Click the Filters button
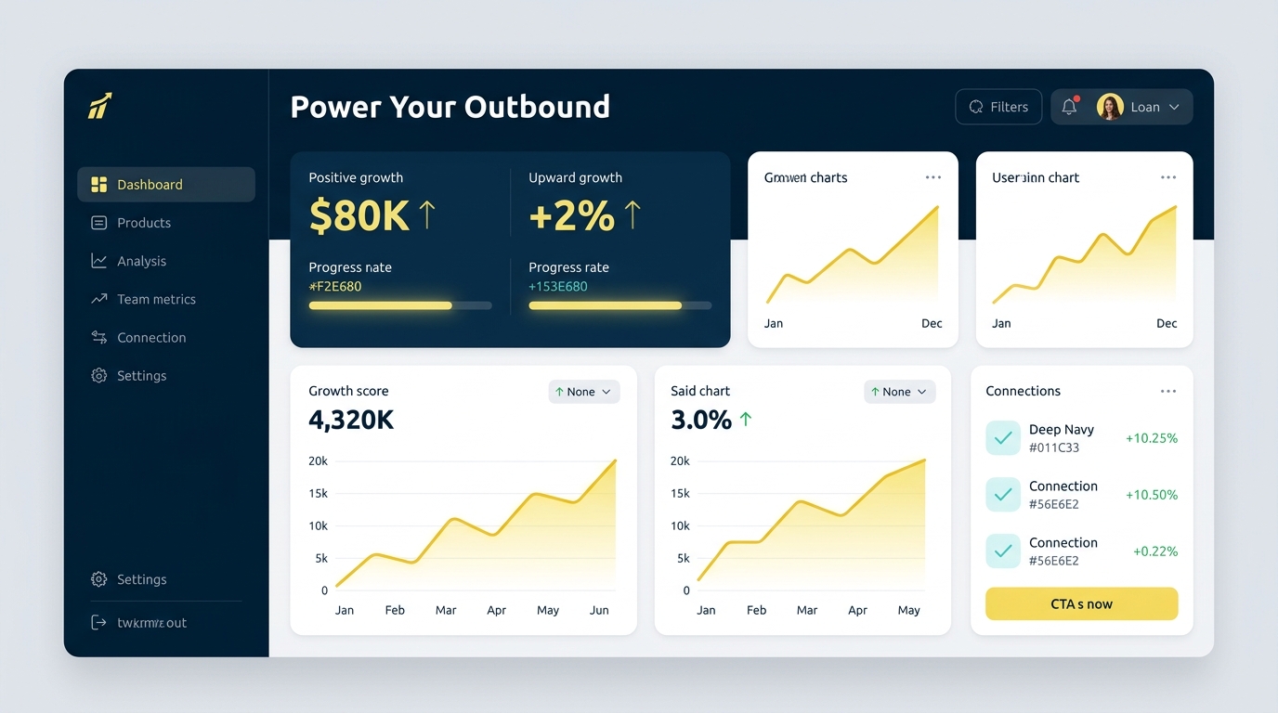[998, 107]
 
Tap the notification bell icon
[1069, 107]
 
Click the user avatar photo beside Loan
[1110, 107]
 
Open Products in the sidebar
[143, 223]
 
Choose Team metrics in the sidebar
[155, 299]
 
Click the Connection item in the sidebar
[150, 338]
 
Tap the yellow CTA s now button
[1081, 603]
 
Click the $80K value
[359, 215]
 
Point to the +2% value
[571, 215]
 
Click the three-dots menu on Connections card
[1167, 392]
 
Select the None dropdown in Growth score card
[583, 392]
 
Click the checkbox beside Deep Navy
[1003, 438]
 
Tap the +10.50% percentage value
[1151, 495]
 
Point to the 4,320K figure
[351, 421]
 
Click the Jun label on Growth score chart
[599, 610]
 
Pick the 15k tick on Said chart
[680, 493]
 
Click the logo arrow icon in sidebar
[99, 106]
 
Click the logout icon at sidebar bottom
[98, 623]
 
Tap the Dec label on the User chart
[1167, 323]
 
